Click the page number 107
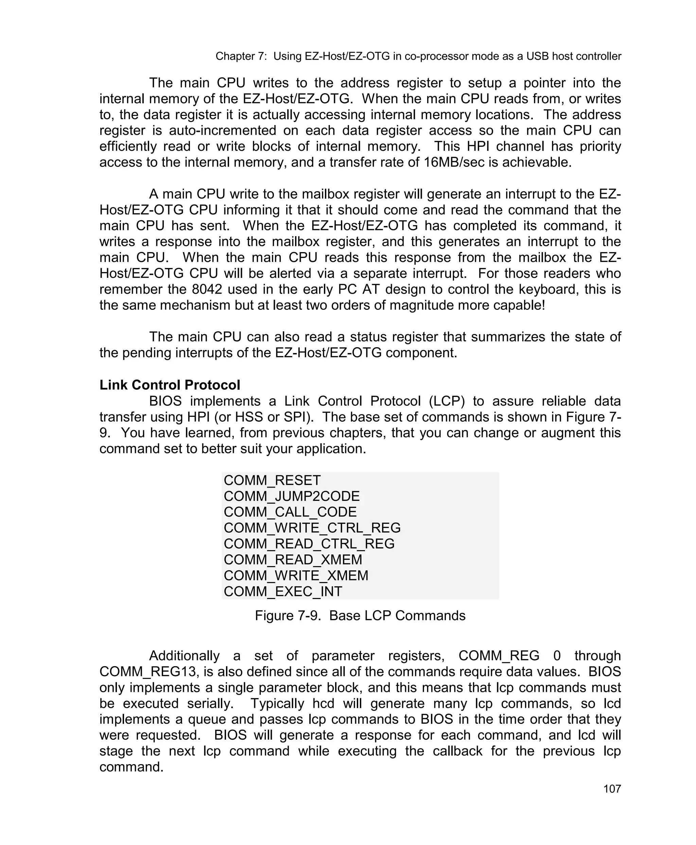point(612,789)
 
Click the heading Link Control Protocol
point(170,385)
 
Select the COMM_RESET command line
point(272,480)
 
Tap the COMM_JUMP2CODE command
point(292,496)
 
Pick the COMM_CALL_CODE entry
point(290,512)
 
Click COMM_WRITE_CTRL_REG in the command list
point(312,528)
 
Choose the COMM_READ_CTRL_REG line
point(309,544)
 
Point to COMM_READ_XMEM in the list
point(293,560)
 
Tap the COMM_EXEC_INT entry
point(283,591)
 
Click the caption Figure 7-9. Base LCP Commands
point(360,615)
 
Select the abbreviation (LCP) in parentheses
point(446,401)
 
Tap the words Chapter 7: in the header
point(241,56)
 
